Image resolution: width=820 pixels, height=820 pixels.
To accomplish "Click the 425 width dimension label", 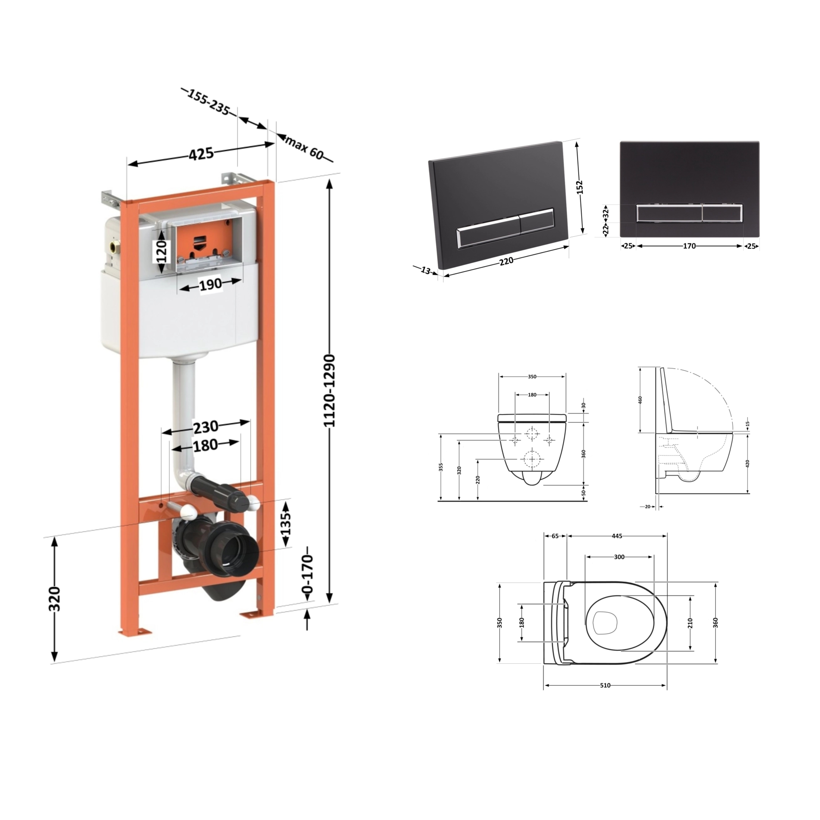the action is point(201,154).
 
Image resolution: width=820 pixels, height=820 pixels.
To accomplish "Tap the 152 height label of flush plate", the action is point(580,187).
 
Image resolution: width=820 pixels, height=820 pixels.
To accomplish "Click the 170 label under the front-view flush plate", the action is point(690,246).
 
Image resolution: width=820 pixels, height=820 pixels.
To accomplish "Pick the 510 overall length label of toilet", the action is point(605,697).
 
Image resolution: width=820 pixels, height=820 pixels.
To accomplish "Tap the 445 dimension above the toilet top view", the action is point(617,536).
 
